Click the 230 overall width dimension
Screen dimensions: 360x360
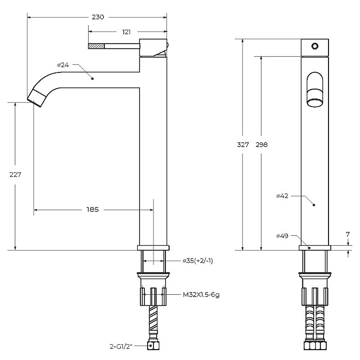98,17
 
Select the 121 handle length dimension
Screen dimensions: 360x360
126,32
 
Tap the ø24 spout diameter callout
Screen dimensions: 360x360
63,65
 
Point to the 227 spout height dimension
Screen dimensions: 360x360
15,175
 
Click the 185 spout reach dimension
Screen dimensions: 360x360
93,209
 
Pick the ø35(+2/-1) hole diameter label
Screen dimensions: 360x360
198,261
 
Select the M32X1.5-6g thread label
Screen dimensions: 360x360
201,295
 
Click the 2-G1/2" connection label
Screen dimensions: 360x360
121,346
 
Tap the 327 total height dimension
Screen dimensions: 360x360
243,144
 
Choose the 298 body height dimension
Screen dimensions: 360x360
261,144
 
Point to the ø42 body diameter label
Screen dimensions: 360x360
282,196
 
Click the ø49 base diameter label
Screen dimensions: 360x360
282,236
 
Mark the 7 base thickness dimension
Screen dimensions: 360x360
347,234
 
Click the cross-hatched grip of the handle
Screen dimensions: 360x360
96,46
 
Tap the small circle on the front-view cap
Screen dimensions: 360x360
315,46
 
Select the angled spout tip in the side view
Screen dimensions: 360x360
37,98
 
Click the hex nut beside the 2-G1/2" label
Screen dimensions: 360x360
153,346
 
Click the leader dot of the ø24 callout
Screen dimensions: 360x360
93,78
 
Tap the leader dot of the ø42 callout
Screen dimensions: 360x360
314,205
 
